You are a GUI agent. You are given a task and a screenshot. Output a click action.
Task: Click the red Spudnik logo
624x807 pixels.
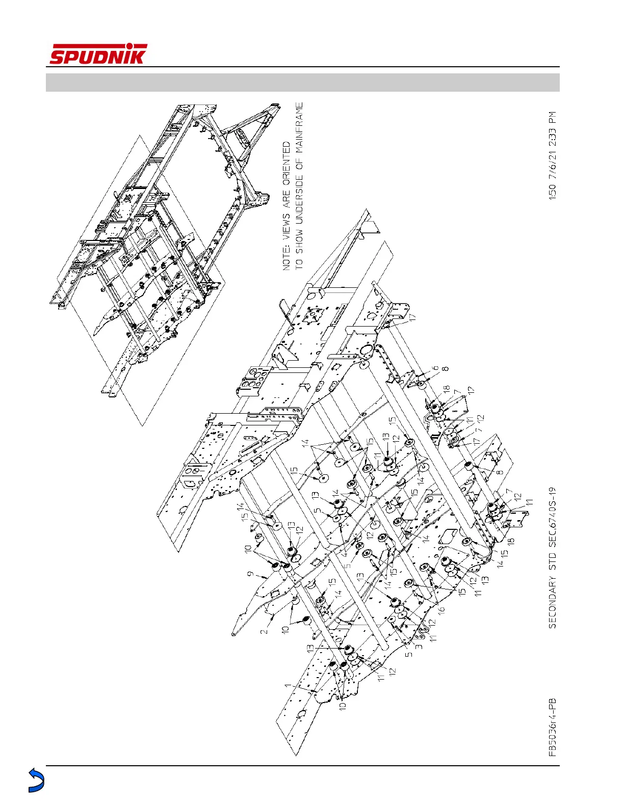click(98, 54)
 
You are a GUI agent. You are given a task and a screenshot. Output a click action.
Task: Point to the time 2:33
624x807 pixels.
click(553, 137)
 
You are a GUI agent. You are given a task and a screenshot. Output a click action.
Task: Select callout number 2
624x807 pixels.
click(265, 632)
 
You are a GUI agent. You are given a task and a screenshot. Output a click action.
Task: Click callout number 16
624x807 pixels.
click(441, 608)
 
